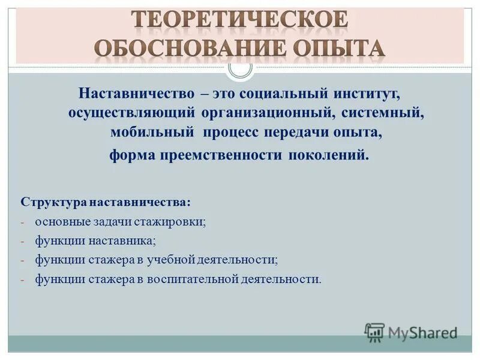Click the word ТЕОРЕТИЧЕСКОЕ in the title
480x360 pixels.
pyautogui.click(x=239, y=20)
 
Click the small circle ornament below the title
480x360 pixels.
pyautogui.click(x=240, y=67)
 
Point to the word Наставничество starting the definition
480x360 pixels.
pyautogui.click(x=133, y=95)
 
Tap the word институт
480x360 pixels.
pyautogui.click(x=368, y=95)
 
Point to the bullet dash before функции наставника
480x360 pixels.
pyautogui.click(x=23, y=241)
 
